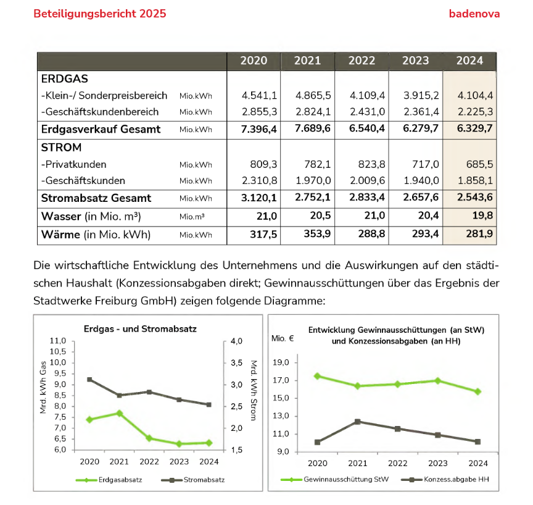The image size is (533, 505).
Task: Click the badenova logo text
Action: point(474,14)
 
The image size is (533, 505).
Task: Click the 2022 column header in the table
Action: point(362,61)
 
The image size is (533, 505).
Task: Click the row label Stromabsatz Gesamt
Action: point(96,198)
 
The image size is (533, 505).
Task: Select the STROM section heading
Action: point(61,148)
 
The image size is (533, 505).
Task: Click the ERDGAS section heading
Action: point(64,79)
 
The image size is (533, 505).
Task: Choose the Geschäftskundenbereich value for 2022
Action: point(368,112)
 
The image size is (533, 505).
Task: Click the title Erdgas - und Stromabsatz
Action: point(140,329)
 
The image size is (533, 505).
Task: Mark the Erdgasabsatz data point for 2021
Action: point(119,413)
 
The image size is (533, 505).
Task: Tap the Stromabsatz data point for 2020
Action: point(89,380)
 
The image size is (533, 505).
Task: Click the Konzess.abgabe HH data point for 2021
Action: point(358,422)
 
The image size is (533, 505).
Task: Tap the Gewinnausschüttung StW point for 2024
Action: point(477,391)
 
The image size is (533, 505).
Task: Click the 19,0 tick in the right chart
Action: point(281,362)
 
